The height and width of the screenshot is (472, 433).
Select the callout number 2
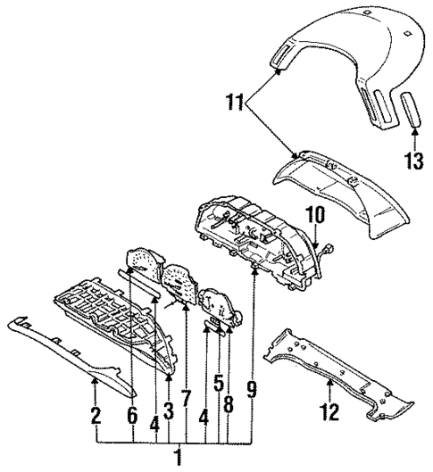[x=96, y=416]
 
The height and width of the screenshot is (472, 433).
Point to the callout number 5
[x=218, y=385]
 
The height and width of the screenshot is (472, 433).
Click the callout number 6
[x=132, y=416]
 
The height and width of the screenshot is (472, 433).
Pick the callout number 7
[x=186, y=399]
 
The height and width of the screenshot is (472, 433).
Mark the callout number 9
[x=253, y=389]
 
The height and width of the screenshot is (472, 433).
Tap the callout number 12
[x=329, y=413]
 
